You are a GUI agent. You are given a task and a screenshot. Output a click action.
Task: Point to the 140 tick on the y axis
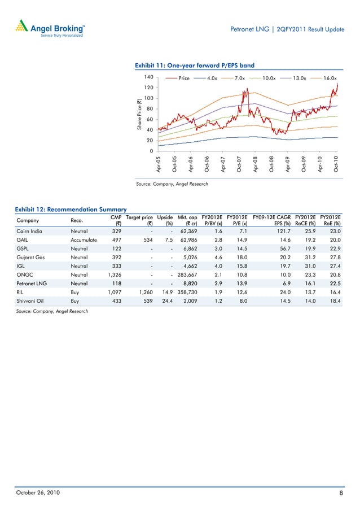148,77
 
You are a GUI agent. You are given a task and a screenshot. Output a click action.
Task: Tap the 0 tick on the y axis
152,151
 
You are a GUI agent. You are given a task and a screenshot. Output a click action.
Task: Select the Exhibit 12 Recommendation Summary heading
66,210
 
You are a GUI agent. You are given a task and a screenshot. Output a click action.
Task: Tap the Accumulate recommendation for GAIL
84,240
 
